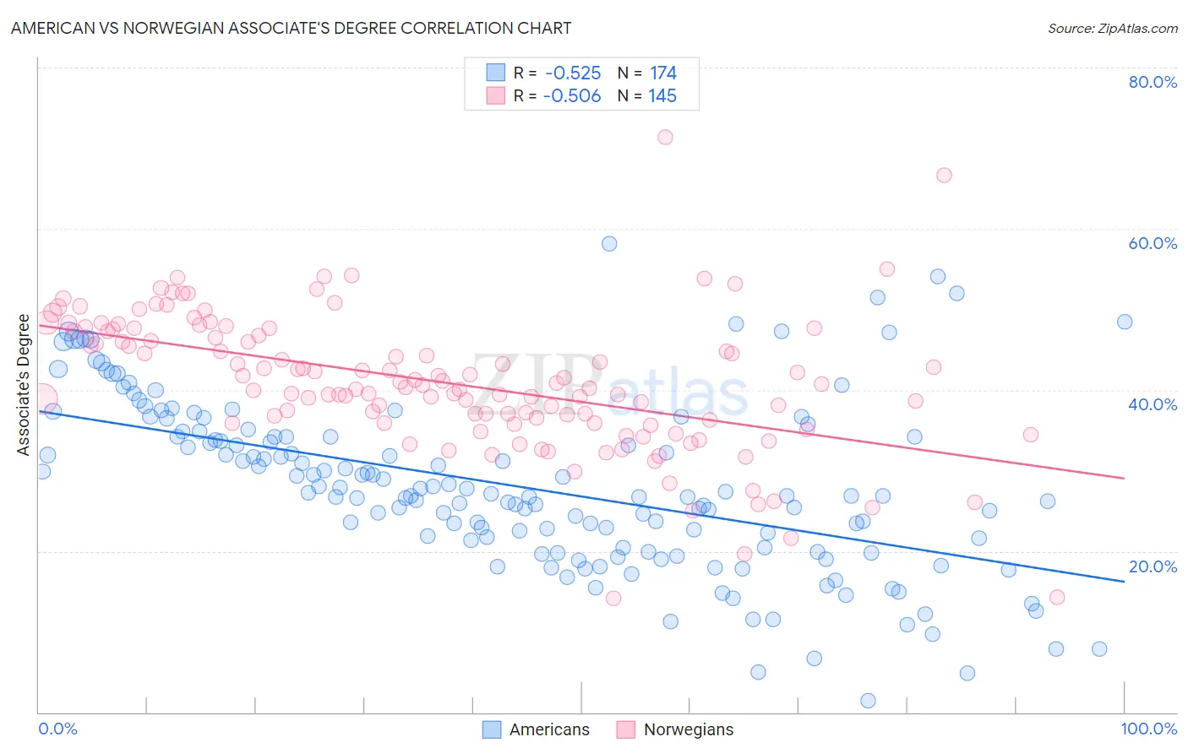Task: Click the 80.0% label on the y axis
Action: (x=1153, y=82)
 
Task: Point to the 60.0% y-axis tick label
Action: (x=1153, y=243)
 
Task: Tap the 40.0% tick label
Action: (x=1153, y=404)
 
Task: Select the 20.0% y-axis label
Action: (x=1153, y=566)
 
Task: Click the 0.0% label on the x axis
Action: (x=57, y=729)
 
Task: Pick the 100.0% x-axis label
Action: (x=1149, y=729)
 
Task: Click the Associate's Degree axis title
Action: (x=24, y=385)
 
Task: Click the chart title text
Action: (x=291, y=28)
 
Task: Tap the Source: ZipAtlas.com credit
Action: (x=1112, y=28)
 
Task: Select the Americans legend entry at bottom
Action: (x=536, y=729)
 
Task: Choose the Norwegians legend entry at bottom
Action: (x=675, y=729)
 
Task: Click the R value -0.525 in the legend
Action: (x=573, y=73)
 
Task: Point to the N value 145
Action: (x=662, y=96)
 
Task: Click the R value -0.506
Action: (x=572, y=96)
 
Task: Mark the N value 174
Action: (x=662, y=73)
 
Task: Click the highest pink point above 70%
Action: (x=665, y=137)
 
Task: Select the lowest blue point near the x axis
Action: (x=868, y=701)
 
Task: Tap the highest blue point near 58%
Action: (x=609, y=244)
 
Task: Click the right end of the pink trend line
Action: (x=1124, y=478)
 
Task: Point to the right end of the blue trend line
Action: (x=1124, y=582)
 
